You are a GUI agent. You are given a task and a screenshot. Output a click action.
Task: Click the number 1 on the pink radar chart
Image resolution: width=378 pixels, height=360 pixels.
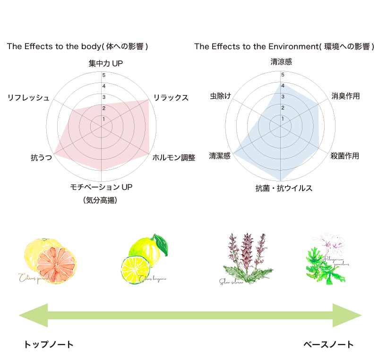(104, 120)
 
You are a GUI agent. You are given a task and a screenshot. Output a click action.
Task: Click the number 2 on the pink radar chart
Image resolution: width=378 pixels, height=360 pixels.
(104, 109)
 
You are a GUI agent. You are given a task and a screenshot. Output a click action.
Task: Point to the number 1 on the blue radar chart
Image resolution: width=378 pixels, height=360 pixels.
(283, 119)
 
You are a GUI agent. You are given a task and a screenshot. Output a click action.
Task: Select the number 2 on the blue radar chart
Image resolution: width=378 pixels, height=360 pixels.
(283, 108)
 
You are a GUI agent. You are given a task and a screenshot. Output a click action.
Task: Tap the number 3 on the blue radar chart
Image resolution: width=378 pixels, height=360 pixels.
(283, 97)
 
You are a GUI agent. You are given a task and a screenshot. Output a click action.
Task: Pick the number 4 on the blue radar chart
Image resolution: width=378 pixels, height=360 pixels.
(283, 86)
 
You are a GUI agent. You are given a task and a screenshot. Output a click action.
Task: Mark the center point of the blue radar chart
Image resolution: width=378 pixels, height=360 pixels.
(281, 125)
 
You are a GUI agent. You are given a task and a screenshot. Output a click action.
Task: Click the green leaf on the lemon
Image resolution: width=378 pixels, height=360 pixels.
(161, 243)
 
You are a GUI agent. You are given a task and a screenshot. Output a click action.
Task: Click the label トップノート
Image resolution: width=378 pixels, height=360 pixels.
(49, 345)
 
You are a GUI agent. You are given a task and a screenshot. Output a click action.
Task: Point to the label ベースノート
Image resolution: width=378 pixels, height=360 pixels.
(328, 345)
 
